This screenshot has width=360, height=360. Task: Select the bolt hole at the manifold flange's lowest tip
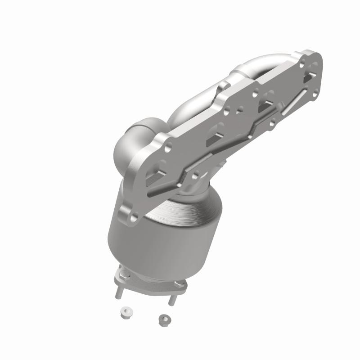pyautogui.click(x=132, y=216)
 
